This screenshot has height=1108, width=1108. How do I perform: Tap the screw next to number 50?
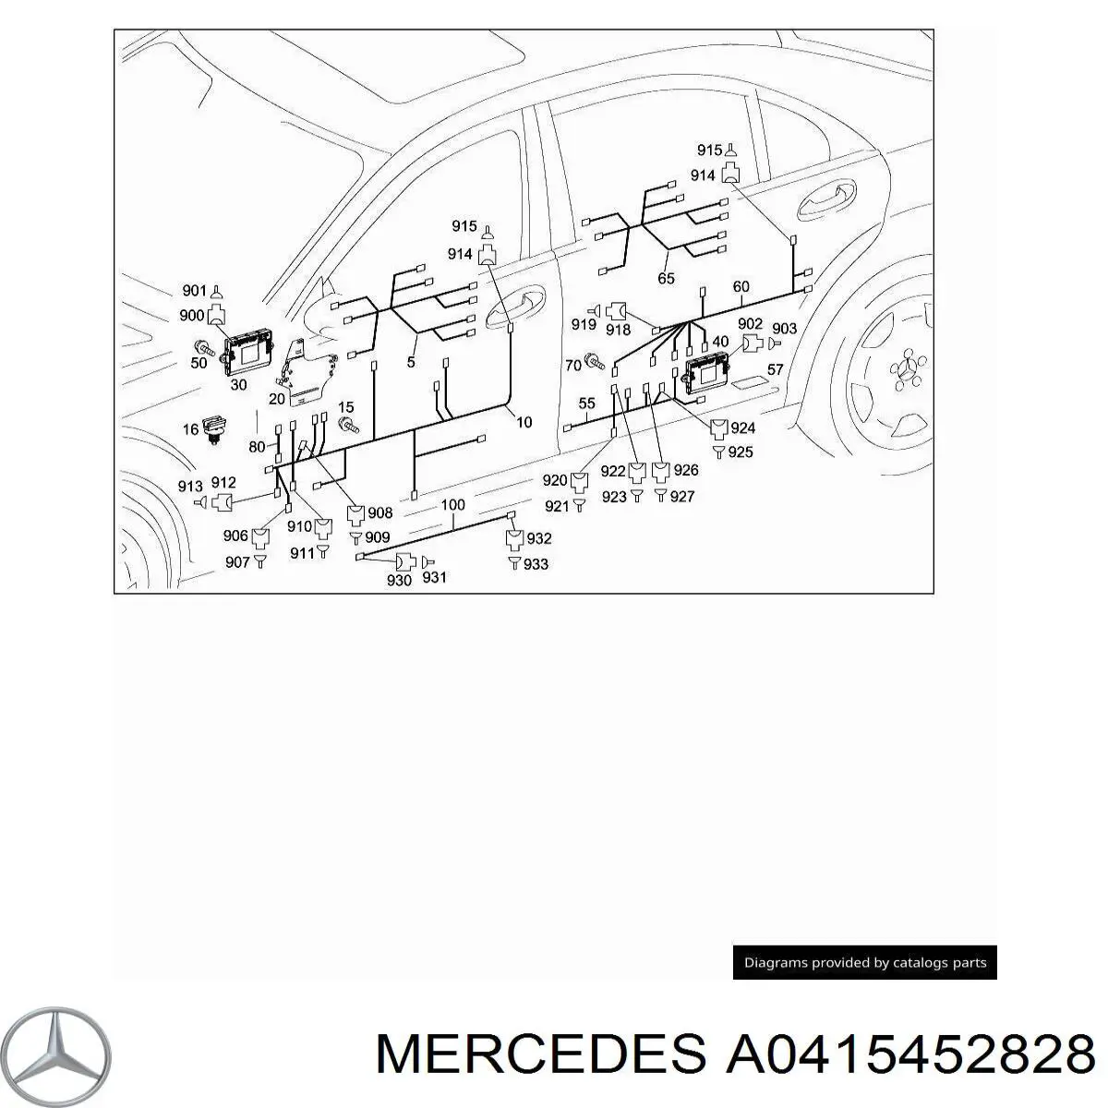pos(204,349)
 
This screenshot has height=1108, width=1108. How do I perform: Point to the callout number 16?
pos(190,429)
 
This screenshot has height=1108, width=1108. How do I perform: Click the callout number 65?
pos(666,278)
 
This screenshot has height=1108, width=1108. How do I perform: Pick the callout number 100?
pos(452,505)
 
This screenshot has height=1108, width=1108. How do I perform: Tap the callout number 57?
pos(775,370)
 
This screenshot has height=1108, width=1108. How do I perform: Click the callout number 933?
pos(536,563)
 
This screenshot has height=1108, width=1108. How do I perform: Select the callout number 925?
pos(741,452)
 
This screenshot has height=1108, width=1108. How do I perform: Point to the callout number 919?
pos(583,324)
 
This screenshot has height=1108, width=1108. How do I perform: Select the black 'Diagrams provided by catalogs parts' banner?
pos(864,962)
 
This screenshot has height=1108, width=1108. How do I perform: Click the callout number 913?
pos(190,487)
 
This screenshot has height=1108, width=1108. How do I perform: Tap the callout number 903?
pos(784,329)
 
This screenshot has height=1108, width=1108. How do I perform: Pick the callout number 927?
pos(682,496)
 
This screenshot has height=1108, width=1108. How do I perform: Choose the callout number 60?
pos(741,286)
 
